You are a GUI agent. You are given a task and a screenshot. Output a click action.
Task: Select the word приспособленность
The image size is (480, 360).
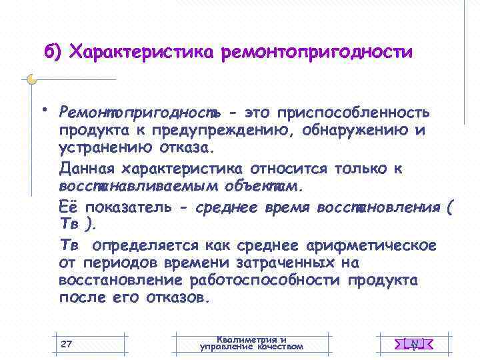[353, 111]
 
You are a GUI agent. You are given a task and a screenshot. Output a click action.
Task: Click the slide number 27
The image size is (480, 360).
[66, 344]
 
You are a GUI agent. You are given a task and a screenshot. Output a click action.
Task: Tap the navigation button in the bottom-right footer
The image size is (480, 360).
[414, 344]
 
